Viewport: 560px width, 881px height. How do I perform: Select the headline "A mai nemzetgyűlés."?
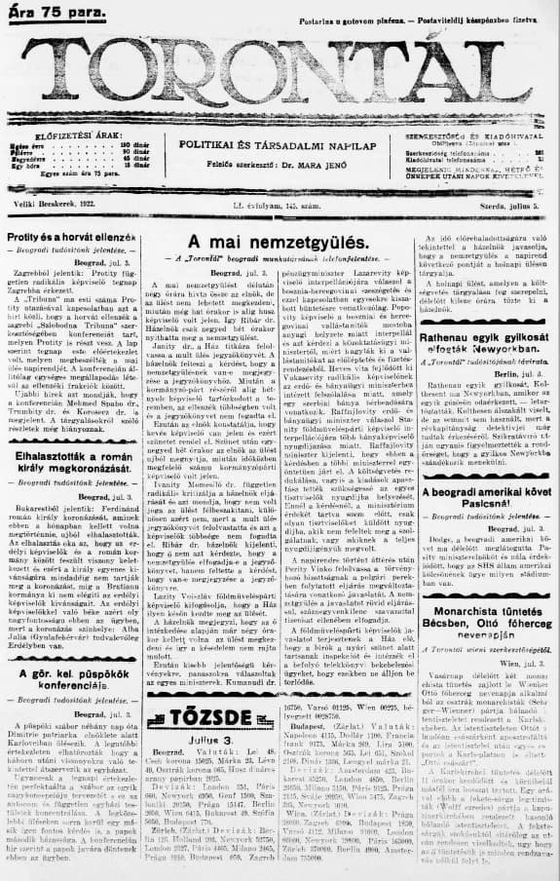pos(279,241)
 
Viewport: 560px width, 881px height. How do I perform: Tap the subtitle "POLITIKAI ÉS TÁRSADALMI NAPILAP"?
pos(280,143)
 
